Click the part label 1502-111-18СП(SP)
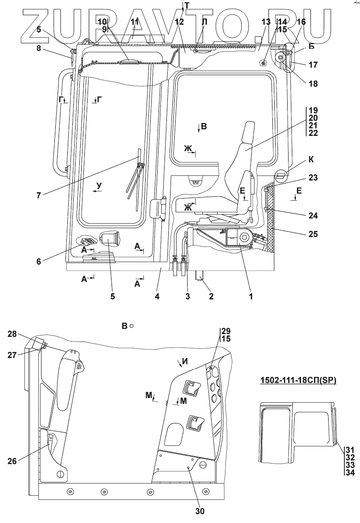[297, 381]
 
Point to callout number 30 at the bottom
[200, 511]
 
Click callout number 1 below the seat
[251, 296]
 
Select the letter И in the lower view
[185, 362]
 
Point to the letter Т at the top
[186, 6]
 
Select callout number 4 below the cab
[157, 296]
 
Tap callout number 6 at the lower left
[39, 261]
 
